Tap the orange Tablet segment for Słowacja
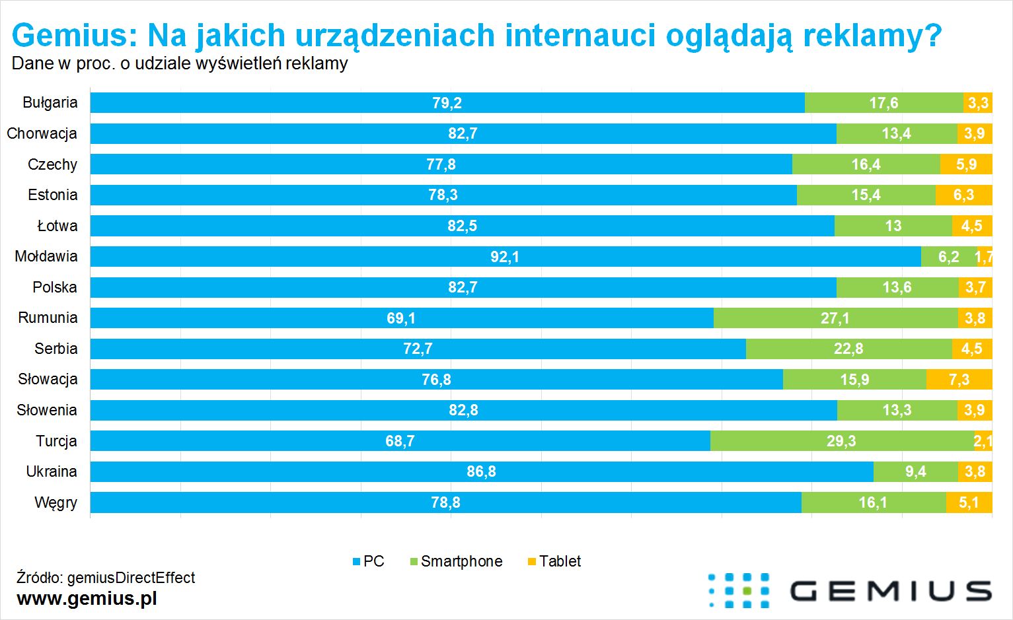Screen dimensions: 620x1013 point(959,380)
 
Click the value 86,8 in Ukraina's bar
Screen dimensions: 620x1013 point(481,471)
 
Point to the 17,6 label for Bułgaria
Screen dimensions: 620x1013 point(883,103)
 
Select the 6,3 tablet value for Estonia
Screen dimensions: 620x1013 point(963,195)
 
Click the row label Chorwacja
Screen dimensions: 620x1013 point(42,133)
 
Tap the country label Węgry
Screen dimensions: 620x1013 point(56,502)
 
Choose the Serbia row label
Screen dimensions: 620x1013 point(56,349)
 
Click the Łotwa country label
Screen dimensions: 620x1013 point(57,226)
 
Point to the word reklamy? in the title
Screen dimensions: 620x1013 point(872,35)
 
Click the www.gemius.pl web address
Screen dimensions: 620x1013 point(87,598)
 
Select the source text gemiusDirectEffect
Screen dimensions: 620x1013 point(131,578)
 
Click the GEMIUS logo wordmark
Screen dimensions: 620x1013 point(889,590)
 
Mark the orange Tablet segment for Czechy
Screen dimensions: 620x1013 point(966,164)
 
